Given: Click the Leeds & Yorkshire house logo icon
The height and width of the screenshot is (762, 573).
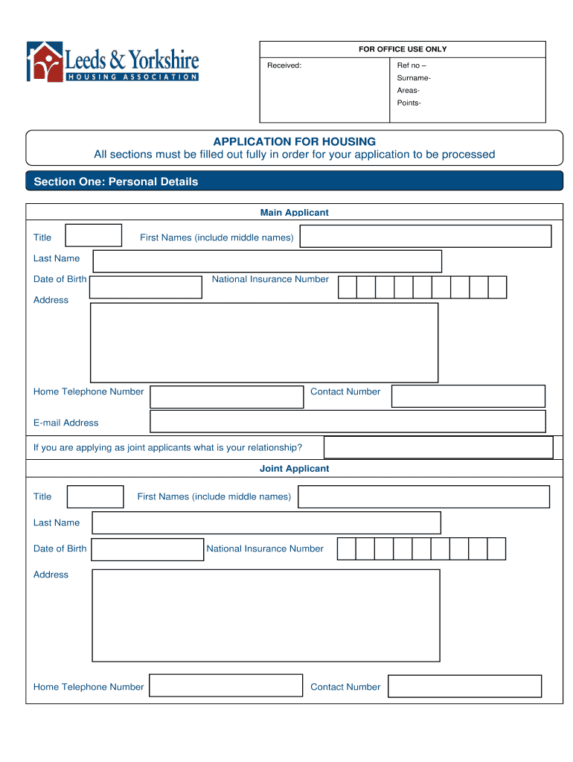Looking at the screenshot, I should point(45,61).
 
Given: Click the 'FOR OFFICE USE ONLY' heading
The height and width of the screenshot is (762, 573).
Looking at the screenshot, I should point(403,49).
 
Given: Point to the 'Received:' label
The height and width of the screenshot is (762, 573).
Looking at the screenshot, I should point(284,65).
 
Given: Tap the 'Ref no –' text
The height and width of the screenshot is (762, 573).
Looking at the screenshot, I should point(412,65).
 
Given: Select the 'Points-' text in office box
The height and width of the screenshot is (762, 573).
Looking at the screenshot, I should point(409,103).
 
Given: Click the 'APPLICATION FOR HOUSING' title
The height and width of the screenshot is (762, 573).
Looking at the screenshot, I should point(294,141).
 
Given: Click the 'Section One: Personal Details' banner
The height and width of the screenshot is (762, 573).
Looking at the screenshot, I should point(116,182).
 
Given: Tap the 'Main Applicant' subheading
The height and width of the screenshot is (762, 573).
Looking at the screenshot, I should point(294,213).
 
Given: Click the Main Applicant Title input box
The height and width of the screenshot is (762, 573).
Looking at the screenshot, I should point(94,236).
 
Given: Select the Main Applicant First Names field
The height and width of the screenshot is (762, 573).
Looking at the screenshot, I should point(425,237).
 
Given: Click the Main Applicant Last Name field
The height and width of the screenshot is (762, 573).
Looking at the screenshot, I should point(266,261).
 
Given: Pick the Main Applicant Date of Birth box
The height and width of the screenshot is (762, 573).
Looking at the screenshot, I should point(145,287).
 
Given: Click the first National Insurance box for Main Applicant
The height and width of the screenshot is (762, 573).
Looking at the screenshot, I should point(348,287).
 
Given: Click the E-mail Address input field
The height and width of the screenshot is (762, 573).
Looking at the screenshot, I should point(348,421).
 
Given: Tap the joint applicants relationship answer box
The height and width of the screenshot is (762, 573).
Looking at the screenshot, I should point(438,447).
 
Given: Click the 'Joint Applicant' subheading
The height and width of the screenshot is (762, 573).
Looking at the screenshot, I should point(294,469).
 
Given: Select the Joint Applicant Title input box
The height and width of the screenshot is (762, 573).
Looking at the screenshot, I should point(95,496).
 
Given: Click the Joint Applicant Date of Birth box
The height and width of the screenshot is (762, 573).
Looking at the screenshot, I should point(147,549).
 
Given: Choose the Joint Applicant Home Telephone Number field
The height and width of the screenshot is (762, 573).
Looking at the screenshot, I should point(226,686).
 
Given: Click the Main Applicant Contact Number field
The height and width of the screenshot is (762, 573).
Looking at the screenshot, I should point(468,396).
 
